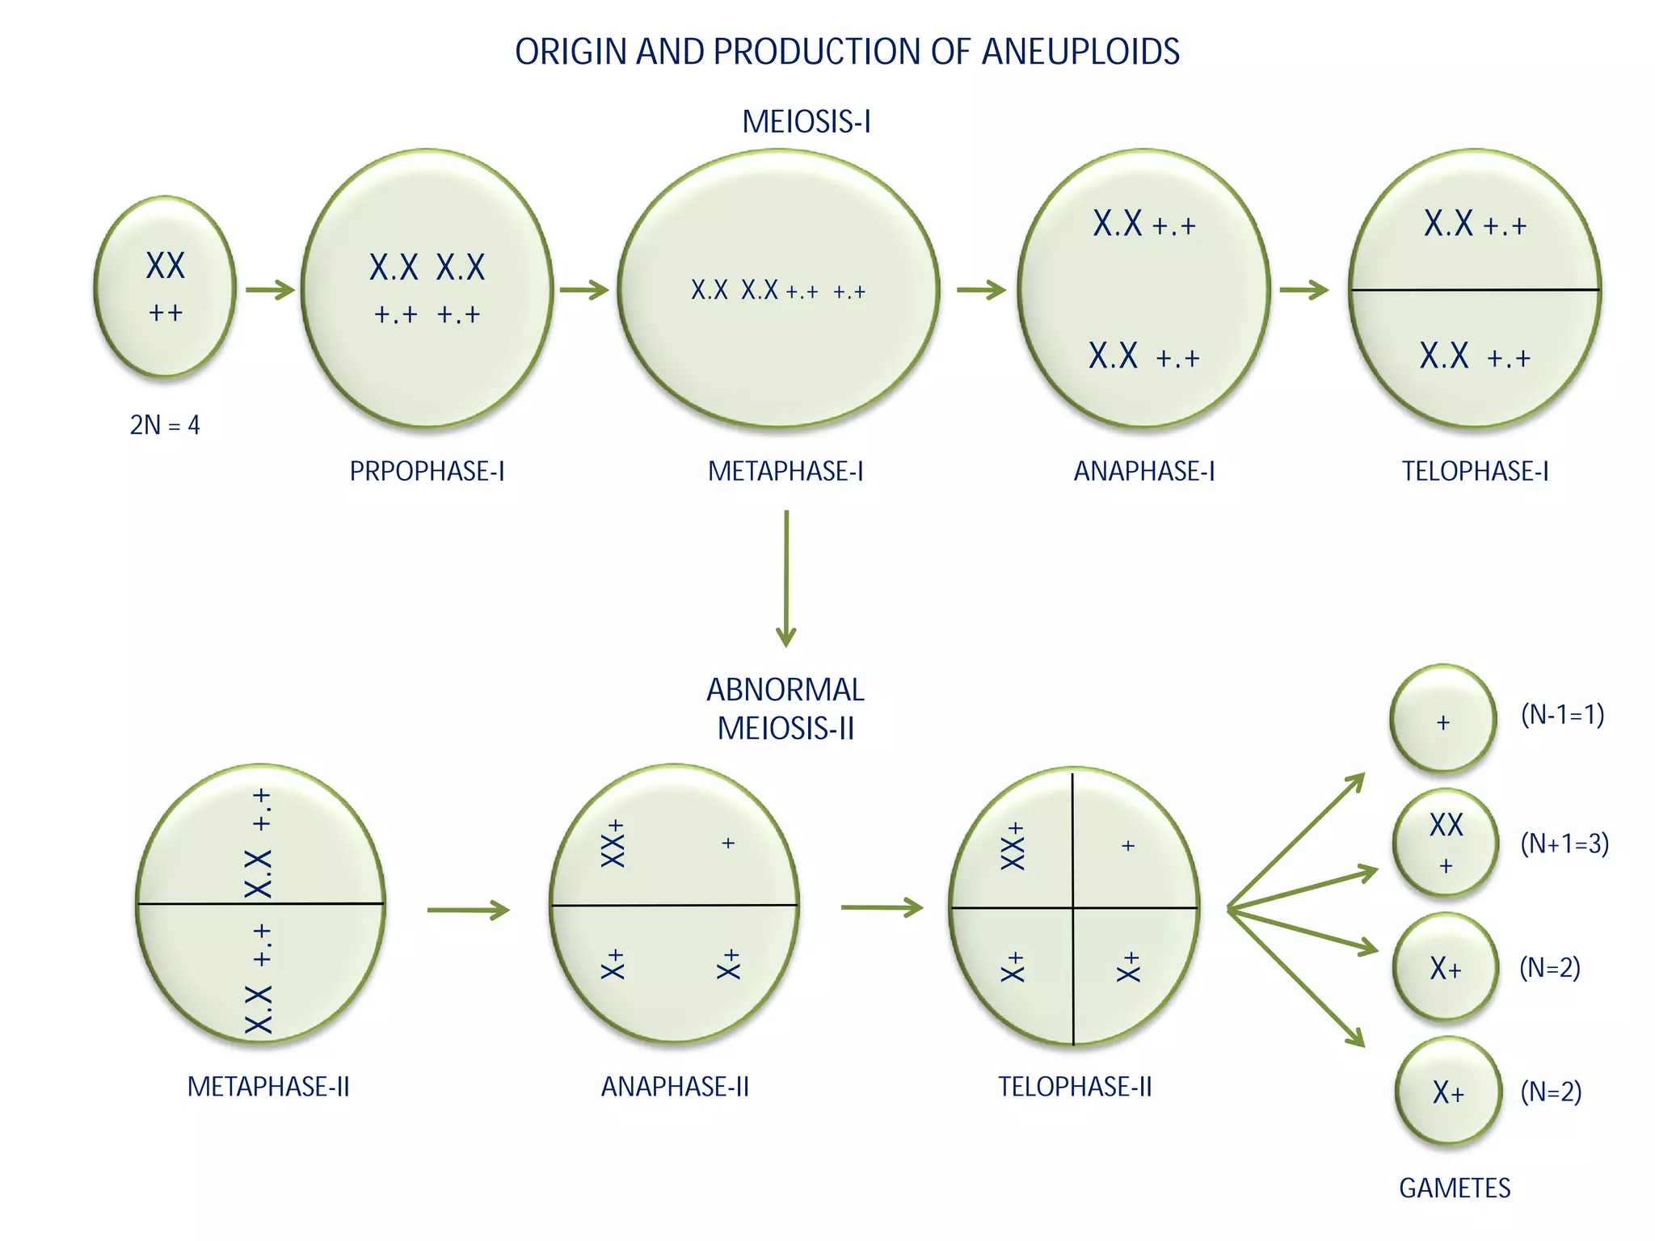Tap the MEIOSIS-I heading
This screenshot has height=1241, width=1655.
[806, 122]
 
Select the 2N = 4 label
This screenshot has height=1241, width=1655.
[165, 425]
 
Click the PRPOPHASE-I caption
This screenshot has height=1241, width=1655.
[427, 471]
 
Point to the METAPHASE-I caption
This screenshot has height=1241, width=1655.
[785, 471]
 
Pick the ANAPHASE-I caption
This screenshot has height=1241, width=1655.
[1143, 471]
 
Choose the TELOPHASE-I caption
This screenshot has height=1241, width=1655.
[1475, 471]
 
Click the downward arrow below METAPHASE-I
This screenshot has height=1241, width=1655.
[785, 578]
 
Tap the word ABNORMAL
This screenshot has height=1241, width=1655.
[785, 690]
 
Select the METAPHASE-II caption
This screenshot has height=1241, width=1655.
[268, 1087]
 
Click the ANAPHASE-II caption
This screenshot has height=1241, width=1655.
[675, 1087]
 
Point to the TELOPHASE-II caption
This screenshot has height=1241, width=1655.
[1075, 1087]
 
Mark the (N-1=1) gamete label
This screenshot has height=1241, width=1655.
[1562, 714]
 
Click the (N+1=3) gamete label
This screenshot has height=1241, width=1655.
[1564, 843]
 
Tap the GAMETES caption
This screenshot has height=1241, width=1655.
[1455, 1188]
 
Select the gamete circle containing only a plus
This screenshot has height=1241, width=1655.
[1443, 719]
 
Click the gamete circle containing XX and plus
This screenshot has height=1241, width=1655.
[1446, 843]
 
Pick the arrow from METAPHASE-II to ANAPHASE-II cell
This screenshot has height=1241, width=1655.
[468, 910]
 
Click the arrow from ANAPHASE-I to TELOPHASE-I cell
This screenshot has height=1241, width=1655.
[1303, 289]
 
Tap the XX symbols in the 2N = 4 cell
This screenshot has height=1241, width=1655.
[166, 266]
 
